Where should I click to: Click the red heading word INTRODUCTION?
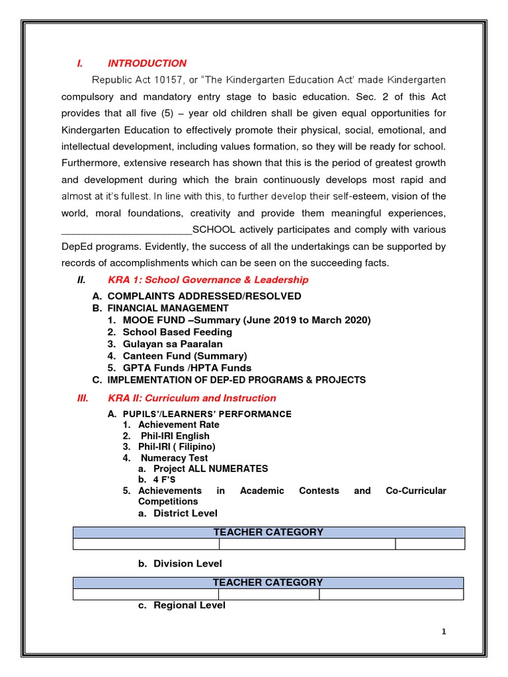coord(147,63)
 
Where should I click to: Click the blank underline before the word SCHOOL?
coord(126,230)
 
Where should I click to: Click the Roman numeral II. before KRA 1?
coord(81,280)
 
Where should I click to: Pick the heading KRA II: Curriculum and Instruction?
coord(192,398)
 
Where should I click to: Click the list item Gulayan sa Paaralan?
coord(173,344)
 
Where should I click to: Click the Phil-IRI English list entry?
coord(175,436)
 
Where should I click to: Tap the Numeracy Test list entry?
coord(174,458)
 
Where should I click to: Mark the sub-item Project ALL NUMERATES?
coord(210,469)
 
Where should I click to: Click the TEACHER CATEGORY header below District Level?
coord(268,532)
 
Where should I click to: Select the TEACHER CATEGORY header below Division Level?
coord(268,582)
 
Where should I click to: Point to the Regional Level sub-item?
coord(189,605)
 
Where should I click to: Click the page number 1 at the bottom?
coord(444,632)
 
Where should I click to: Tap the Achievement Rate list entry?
coord(179,424)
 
